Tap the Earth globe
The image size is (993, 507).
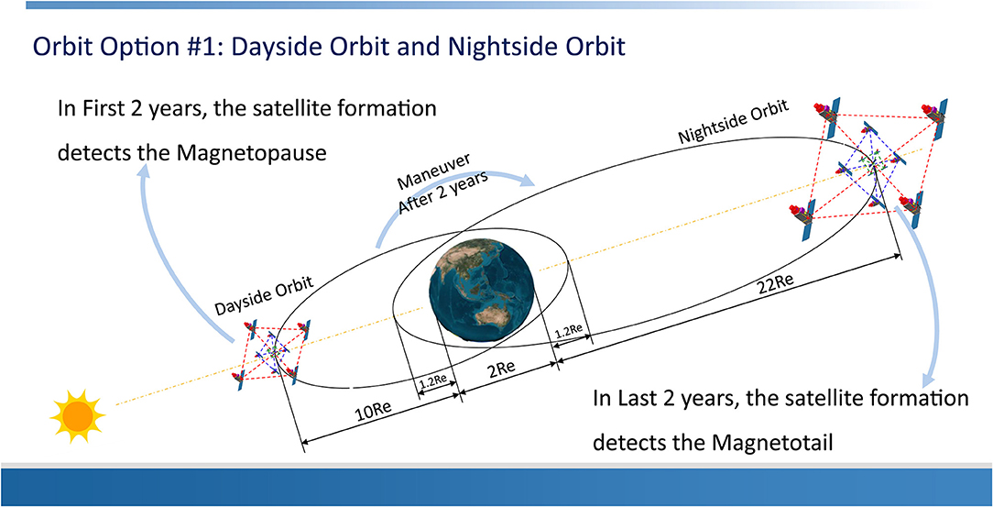(x=481, y=289)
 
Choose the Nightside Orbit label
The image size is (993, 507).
(x=734, y=122)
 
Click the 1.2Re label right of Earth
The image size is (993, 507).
(x=570, y=332)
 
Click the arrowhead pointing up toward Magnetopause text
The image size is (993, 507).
(x=147, y=171)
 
